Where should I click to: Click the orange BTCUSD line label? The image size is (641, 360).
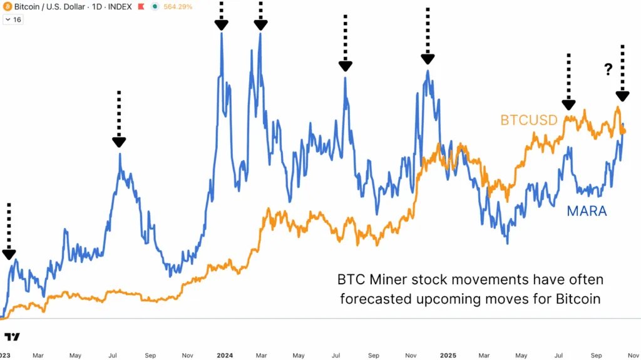point(528,120)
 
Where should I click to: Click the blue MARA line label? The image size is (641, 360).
point(587,211)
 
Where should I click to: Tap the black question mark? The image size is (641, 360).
point(608,70)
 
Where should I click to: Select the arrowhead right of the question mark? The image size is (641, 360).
point(622,96)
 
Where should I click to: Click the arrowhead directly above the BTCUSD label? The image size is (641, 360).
point(568,105)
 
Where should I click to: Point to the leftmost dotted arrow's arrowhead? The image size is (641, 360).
point(9,254)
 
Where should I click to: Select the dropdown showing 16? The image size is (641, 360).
point(13,19)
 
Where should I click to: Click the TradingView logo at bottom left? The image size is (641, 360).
point(11,337)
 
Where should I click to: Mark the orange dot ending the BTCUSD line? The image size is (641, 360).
point(623,131)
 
